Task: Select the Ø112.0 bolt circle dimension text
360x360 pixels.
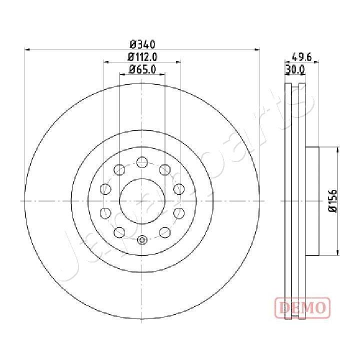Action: [x=142, y=57]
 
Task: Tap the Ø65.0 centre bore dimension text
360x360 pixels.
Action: [x=142, y=69]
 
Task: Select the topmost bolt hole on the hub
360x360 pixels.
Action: [x=142, y=162]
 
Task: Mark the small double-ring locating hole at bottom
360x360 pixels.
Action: [x=142, y=240]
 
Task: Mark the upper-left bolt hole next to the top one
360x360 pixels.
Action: [x=120, y=169]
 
